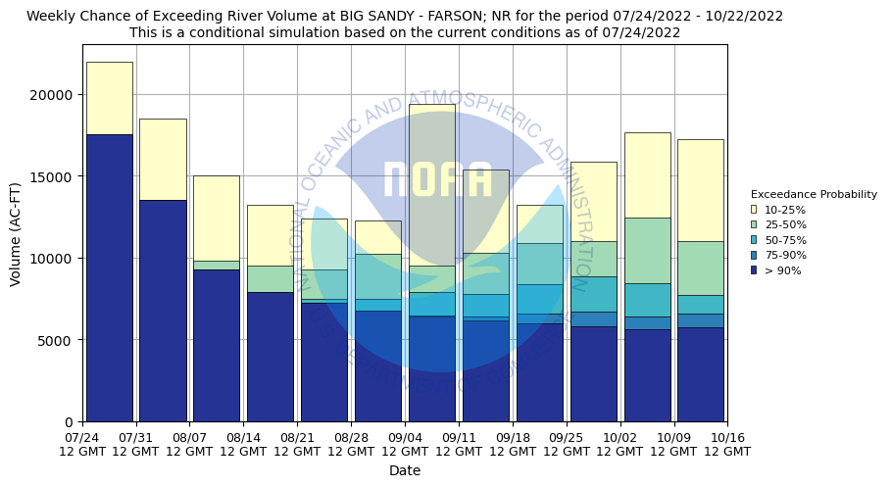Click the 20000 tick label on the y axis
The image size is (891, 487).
click(x=52, y=95)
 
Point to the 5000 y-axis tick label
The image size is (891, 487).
click(x=56, y=340)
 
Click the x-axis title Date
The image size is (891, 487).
click(x=404, y=470)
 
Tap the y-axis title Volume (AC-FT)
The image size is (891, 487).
click(x=16, y=233)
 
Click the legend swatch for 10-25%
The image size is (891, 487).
click(x=754, y=210)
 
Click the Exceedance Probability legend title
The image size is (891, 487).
click(x=814, y=194)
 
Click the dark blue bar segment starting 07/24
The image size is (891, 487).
click(x=109, y=278)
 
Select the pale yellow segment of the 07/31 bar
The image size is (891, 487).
click(x=163, y=159)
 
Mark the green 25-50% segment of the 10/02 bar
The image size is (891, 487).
click(x=647, y=250)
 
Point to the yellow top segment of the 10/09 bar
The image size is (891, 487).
click(x=701, y=190)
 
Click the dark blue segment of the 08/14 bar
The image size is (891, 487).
click(x=270, y=357)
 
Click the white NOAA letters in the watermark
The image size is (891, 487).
click(x=437, y=180)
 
